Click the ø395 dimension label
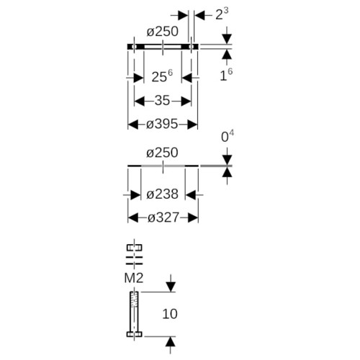pyautogui.click(x=162, y=125)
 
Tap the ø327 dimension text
pyautogui.click(x=163, y=217)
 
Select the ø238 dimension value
pyautogui.click(x=163, y=194)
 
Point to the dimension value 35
pyautogui.click(x=162, y=100)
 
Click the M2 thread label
pyautogui.click(x=134, y=278)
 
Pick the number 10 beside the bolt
pyautogui.click(x=170, y=314)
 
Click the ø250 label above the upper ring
pyautogui.click(x=163, y=32)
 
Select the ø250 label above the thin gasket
pyautogui.click(x=162, y=153)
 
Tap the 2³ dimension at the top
pyautogui.click(x=222, y=14)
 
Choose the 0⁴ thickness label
pyautogui.click(x=228, y=136)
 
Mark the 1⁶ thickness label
pyautogui.click(x=226, y=75)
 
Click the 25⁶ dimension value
pyautogui.click(x=162, y=76)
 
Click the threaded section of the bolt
pyautogui.click(x=134, y=300)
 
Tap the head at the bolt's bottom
pyautogui.click(x=135, y=334)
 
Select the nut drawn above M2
pyautogui.click(x=135, y=248)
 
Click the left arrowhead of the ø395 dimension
pyautogui.click(x=133, y=125)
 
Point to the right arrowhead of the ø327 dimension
pyautogui.click(x=193, y=217)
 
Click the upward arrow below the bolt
pyautogui.click(x=170, y=345)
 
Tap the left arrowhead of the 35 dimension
pyautogui.click(x=139, y=101)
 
